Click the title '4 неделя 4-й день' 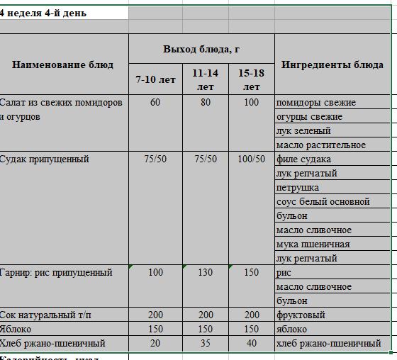[x=44, y=13]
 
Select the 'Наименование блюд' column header [x=62, y=64]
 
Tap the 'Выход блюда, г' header [x=201, y=48]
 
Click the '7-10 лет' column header [x=155, y=79]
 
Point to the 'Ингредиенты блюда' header [x=332, y=64]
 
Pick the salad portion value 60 [x=155, y=103]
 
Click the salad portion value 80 [x=205, y=103]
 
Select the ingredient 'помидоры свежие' [x=315, y=103]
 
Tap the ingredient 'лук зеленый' [x=303, y=131]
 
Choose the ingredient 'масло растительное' [x=320, y=145]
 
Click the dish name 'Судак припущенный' [x=45, y=159]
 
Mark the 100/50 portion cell [x=252, y=159]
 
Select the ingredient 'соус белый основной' [x=323, y=202]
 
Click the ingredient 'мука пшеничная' [x=313, y=244]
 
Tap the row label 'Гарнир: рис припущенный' [x=57, y=273]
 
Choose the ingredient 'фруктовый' [x=302, y=315]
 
